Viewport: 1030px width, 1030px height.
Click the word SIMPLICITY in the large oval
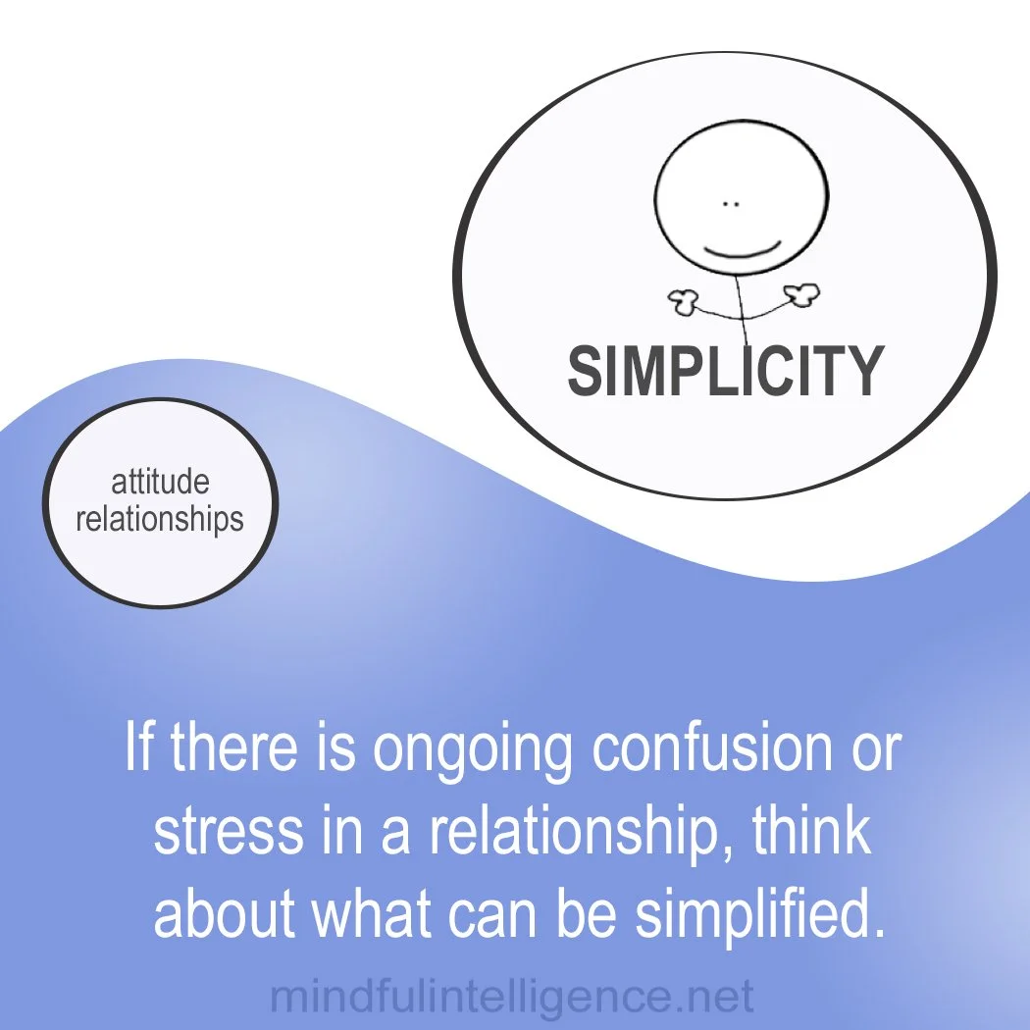(x=725, y=371)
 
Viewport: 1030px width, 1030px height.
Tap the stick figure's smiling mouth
(x=743, y=248)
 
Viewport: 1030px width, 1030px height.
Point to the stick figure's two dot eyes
(x=730, y=204)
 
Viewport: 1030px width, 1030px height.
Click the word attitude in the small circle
(x=160, y=484)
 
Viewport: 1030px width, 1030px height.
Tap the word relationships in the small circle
(x=160, y=518)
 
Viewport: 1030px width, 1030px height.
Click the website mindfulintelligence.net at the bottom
(x=512, y=998)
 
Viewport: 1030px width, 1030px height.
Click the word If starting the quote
(x=140, y=750)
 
